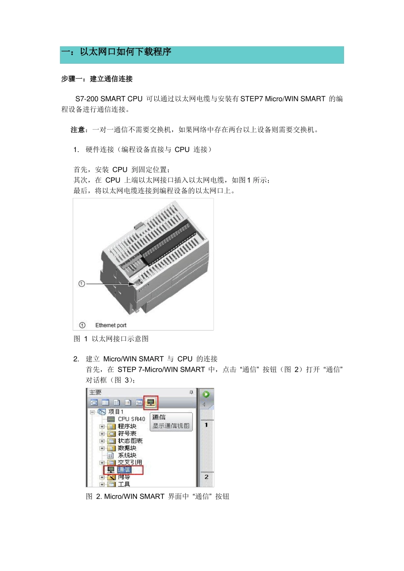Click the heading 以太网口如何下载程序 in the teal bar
pos(125,52)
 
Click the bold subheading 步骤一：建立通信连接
pos(97,79)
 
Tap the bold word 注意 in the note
pos(79,130)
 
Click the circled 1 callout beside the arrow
pos(82,283)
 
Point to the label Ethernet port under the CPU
pos(111,325)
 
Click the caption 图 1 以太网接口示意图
pos(111,339)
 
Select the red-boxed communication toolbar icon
pos(151,402)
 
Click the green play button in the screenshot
pos(206,394)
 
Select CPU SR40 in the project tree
pos(131,419)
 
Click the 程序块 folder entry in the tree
pos(127,426)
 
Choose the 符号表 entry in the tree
pos(127,433)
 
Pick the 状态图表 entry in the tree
pos(130,441)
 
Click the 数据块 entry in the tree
pos(127,448)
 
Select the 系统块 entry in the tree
pos(127,455)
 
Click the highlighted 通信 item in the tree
pos(124,470)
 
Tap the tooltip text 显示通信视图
pos(171,426)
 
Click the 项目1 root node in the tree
pos(116,412)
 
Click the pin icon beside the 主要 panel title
pos(191,392)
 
